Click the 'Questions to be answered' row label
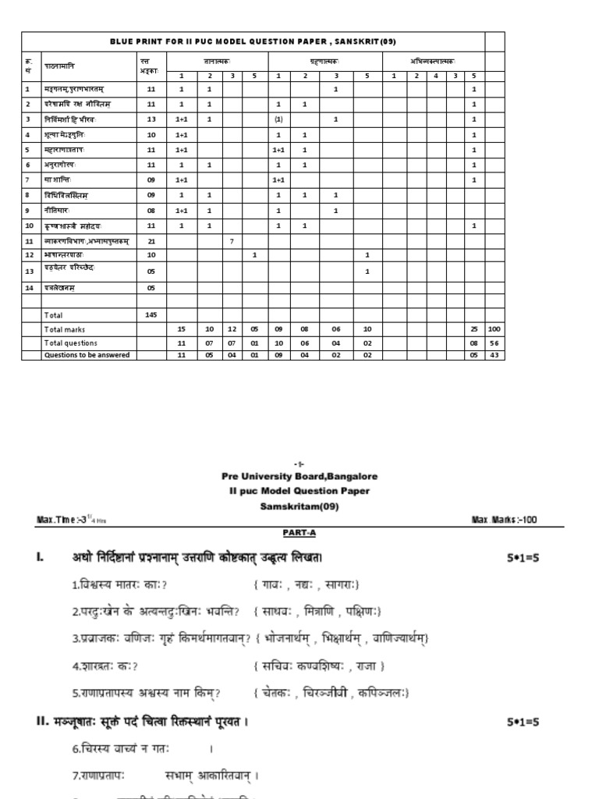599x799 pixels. (87, 355)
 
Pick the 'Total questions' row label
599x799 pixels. (70, 343)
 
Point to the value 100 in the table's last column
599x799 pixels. (494, 329)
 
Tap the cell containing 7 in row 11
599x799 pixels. (232, 240)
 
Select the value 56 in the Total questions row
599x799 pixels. (494, 343)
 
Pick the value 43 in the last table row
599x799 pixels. (494, 355)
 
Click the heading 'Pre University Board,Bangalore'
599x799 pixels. (299, 476)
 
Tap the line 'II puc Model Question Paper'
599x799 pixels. (299, 491)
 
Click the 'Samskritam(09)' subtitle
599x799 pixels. (299, 506)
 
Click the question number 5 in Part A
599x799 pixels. (75, 693)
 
